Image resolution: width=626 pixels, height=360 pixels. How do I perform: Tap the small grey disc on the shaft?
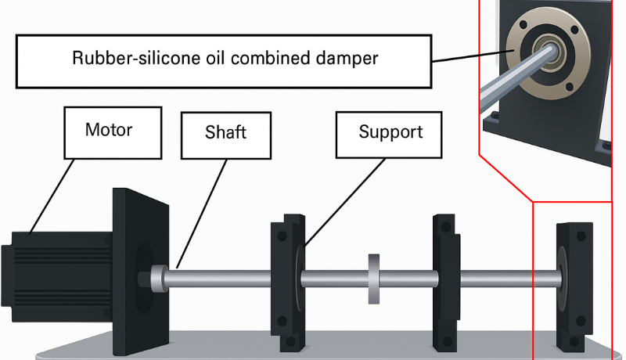tap(373, 278)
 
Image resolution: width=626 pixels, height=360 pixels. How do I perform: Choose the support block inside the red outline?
tap(572, 286)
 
